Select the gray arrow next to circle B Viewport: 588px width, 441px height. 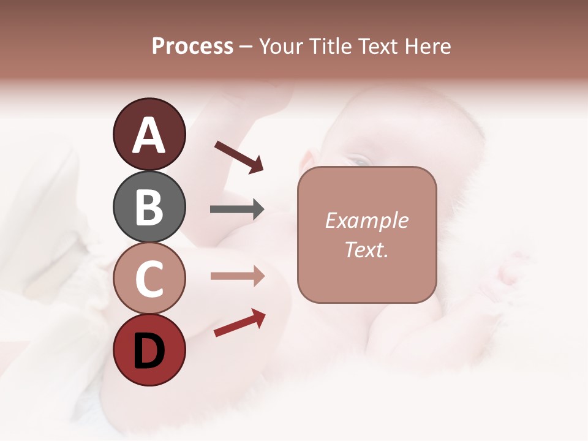click(x=237, y=209)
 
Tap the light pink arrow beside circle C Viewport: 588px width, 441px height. click(x=237, y=276)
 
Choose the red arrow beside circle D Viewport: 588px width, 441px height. click(x=239, y=323)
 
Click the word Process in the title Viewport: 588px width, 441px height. click(x=192, y=47)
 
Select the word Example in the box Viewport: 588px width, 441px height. click(x=366, y=221)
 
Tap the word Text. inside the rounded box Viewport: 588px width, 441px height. click(x=366, y=249)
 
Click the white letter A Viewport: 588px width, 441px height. click(x=149, y=136)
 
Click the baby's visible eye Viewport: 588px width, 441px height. click(x=360, y=161)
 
